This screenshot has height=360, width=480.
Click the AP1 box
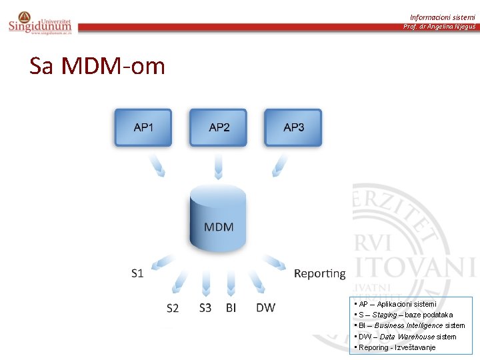(x=143, y=127)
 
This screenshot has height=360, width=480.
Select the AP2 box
(x=219, y=127)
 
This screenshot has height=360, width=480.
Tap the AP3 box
(x=294, y=127)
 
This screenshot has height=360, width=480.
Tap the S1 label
(x=137, y=273)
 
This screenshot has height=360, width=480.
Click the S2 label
(x=173, y=308)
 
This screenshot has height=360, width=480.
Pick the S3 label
(x=205, y=307)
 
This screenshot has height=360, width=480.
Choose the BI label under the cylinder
(x=231, y=307)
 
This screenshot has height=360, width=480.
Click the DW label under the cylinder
(x=265, y=307)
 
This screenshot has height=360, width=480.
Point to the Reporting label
(x=320, y=273)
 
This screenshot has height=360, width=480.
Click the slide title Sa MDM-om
(x=97, y=66)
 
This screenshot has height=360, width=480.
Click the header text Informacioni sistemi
(x=443, y=17)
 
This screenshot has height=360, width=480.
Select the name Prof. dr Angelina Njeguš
(x=439, y=27)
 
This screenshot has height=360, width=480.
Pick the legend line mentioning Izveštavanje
(x=396, y=347)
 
